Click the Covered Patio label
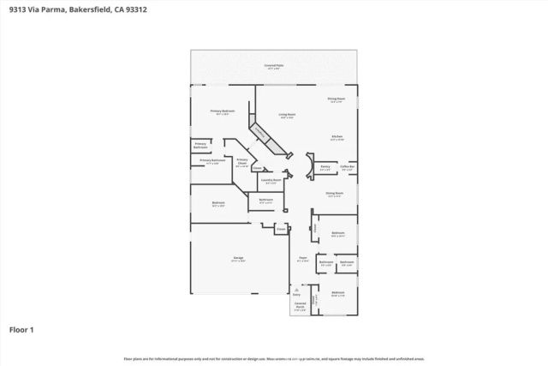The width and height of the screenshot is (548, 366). [x=274, y=65]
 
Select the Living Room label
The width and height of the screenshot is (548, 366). [x=287, y=115]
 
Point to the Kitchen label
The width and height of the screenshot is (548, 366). [x=337, y=137]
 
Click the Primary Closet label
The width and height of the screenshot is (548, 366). [x=242, y=161]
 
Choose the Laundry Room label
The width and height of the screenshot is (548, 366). [x=271, y=181]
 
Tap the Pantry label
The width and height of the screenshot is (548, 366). [x=325, y=168]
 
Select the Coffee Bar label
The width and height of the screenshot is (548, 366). [x=348, y=168]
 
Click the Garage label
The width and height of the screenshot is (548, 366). [x=239, y=260]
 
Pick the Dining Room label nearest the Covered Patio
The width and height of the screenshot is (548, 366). [x=337, y=99]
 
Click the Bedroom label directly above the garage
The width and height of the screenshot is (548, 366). [x=218, y=204]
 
